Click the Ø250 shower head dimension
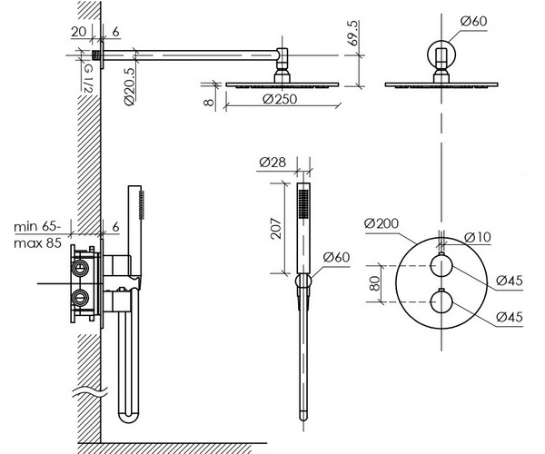click(x=280, y=99)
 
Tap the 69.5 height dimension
click(x=352, y=34)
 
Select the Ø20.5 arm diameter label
click(x=129, y=86)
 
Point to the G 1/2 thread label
click(x=87, y=79)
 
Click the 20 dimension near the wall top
click(x=79, y=32)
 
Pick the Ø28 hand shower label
click(x=272, y=163)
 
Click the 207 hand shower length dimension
click(x=276, y=228)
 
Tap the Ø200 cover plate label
click(x=381, y=223)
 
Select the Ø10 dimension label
click(x=478, y=237)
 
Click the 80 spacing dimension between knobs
click(x=374, y=283)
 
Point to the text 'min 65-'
click(x=37, y=227)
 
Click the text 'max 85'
click(x=37, y=242)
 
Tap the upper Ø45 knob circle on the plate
click(x=441, y=266)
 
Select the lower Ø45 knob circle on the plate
click(x=441, y=302)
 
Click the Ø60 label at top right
click(x=474, y=21)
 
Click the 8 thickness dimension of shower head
click(x=209, y=102)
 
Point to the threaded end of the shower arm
click(x=96, y=55)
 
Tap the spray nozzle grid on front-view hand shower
click(x=303, y=204)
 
